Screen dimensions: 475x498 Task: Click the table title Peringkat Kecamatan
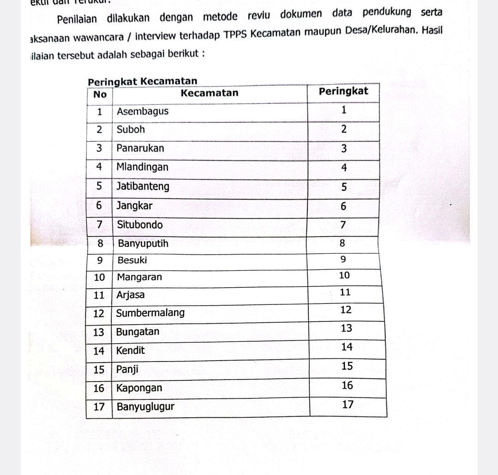pyautogui.click(x=142, y=82)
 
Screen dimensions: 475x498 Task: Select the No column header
pyautogui.click(x=100, y=94)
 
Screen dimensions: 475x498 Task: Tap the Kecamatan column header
pyautogui.click(x=210, y=93)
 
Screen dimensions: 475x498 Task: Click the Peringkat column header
pyautogui.click(x=343, y=91)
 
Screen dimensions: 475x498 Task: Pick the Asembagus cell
pyautogui.click(x=143, y=112)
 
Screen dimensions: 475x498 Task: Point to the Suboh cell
pyautogui.click(x=131, y=130)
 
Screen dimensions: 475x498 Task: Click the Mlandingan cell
pyautogui.click(x=142, y=167)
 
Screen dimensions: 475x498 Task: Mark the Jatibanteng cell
pyautogui.click(x=143, y=187)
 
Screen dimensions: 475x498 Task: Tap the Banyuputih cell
pyautogui.click(x=143, y=243)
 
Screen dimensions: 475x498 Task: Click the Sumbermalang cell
pyautogui.click(x=150, y=313)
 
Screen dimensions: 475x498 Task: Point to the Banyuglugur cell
pyautogui.click(x=145, y=407)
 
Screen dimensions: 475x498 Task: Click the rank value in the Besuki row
pyautogui.click(x=343, y=259)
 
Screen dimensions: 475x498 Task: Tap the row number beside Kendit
pyautogui.click(x=99, y=351)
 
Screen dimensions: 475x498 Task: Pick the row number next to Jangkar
pyautogui.click(x=99, y=206)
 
